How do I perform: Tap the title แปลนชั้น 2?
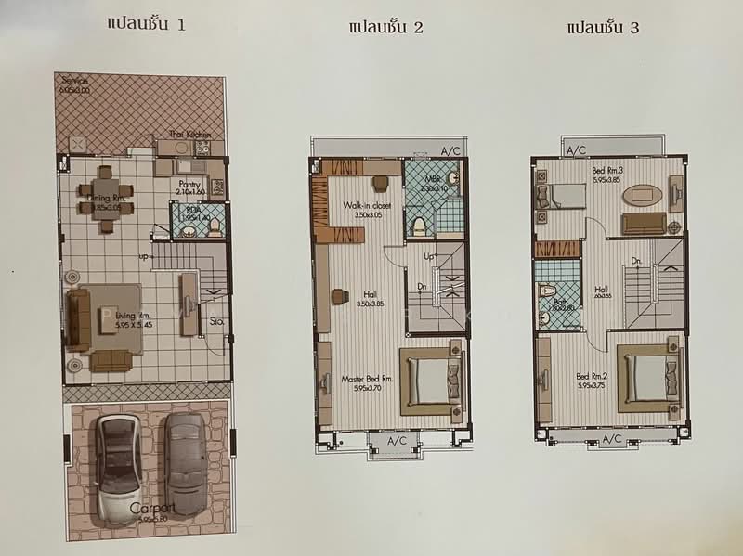coord(385,27)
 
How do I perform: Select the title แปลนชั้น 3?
coord(602,27)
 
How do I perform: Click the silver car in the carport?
coord(119,465)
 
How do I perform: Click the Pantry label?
coord(190,186)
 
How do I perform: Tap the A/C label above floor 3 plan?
coord(576,149)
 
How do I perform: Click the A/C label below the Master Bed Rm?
coord(397,440)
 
